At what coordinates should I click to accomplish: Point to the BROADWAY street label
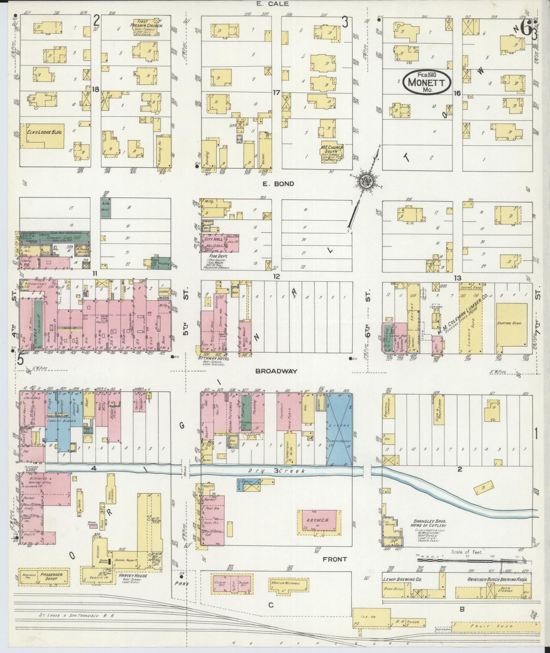coord(276,371)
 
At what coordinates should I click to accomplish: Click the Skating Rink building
coord(511,323)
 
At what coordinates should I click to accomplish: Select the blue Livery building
coord(339,429)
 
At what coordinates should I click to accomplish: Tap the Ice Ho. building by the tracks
coord(371,618)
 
